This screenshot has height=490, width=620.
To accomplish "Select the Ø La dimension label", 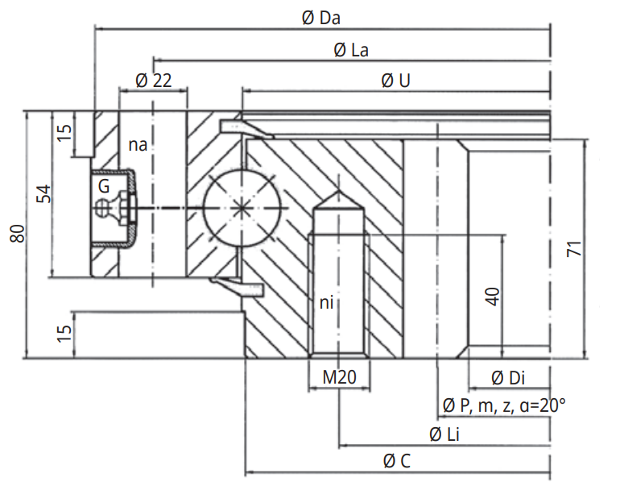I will tap(351, 50).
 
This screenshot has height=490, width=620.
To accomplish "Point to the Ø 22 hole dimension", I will tap(154, 81).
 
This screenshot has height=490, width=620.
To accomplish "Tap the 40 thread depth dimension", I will tap(494, 296).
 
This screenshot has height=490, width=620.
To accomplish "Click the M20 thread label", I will tap(339, 377).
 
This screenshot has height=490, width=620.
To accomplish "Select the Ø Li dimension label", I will tap(444, 434).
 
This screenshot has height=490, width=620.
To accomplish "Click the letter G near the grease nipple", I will tap(102, 186).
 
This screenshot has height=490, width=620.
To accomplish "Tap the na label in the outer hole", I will tap(138, 145).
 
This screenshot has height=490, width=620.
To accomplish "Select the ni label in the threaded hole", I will tap(327, 303).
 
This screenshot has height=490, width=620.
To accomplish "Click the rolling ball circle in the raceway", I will tap(242, 208).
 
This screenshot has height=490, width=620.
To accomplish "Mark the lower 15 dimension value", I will tap(66, 331).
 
